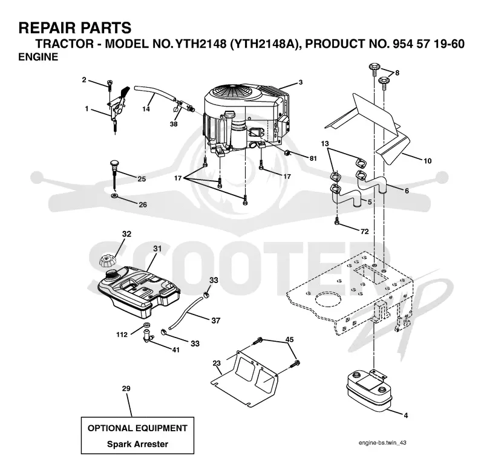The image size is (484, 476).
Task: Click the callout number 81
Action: pyautogui.click(x=313, y=158)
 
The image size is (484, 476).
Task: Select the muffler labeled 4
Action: pyautogui.click(x=369, y=391)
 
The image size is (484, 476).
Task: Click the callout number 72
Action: pyautogui.click(x=365, y=232)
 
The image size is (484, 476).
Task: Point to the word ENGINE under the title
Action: pyautogui.click(x=38, y=57)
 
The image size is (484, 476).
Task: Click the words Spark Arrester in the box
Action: pyautogui.click(x=138, y=444)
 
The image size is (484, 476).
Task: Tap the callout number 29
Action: pyautogui.click(x=126, y=388)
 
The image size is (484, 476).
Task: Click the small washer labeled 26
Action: pyautogui.click(x=114, y=195)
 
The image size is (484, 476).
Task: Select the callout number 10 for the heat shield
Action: pyautogui.click(x=428, y=161)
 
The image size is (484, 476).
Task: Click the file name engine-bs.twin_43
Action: pyautogui.click(x=382, y=443)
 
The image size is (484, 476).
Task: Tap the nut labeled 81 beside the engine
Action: pyautogui.click(x=286, y=152)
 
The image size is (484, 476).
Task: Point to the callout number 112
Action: pyautogui.click(x=122, y=334)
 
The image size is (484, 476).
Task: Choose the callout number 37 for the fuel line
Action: pyautogui.click(x=216, y=321)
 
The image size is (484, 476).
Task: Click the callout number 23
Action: pyautogui.click(x=217, y=363)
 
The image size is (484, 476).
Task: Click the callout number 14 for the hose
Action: pyautogui.click(x=146, y=109)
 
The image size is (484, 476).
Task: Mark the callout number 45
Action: pyautogui.click(x=290, y=340)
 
